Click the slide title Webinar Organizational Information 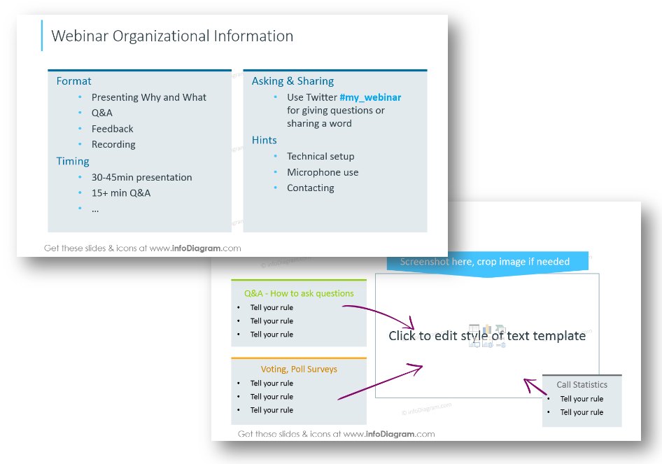[172, 36]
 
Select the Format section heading [74, 81]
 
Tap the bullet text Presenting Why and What [148, 97]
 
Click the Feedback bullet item [112, 129]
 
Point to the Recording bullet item [113, 144]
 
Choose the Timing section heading [73, 161]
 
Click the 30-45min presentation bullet [142, 177]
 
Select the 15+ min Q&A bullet [121, 193]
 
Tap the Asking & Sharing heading [293, 81]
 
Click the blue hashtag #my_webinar [370, 97]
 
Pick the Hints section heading [265, 140]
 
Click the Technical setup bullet [321, 156]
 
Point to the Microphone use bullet [323, 172]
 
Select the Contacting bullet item [310, 188]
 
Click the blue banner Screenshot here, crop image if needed [488, 262]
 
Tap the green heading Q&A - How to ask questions [299, 293]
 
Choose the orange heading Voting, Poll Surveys [299, 369]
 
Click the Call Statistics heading [582, 385]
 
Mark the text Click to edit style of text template [487, 336]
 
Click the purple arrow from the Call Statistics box [535, 386]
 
